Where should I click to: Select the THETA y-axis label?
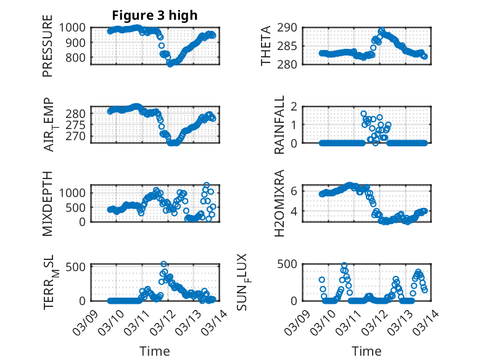266,46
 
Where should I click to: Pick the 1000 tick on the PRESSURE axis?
77,27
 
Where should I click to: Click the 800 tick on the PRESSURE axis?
80,57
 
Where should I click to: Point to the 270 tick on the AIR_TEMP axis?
80,136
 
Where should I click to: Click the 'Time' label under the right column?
366,351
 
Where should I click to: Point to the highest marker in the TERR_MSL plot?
164,264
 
